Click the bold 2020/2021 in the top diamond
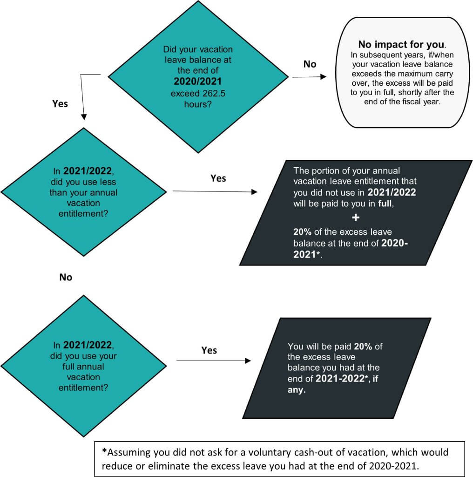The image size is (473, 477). click(197, 81)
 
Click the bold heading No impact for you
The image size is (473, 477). click(401, 45)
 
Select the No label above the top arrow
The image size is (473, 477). click(310, 64)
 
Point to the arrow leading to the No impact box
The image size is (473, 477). click(309, 77)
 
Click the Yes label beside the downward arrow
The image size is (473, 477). click(60, 103)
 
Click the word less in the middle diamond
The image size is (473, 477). click(107, 182)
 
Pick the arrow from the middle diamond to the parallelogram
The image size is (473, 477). click(214, 191)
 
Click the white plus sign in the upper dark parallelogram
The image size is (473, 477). click(356, 218)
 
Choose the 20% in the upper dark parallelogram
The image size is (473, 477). click(303, 232)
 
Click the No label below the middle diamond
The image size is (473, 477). click(66, 277)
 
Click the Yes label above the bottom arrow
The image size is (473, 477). click(209, 350)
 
